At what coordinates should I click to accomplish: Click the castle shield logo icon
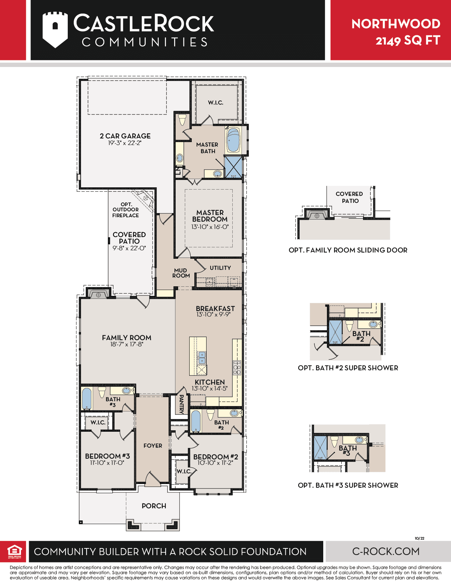pyautogui.click(x=55, y=30)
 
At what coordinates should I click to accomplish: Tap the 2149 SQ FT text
pyautogui.click(x=408, y=40)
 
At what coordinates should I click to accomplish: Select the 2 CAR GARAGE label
pyautogui.click(x=125, y=136)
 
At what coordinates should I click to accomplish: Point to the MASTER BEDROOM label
pyautogui.click(x=210, y=216)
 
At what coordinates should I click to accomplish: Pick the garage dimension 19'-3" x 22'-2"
pyautogui.click(x=125, y=143)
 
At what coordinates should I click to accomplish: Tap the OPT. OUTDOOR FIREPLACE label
pyautogui.click(x=126, y=210)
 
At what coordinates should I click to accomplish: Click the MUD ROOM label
pyautogui.click(x=181, y=273)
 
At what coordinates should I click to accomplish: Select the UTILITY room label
pyautogui.click(x=220, y=268)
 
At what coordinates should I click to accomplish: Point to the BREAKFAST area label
pyautogui.click(x=215, y=308)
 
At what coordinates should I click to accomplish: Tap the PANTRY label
pyautogui.click(x=182, y=404)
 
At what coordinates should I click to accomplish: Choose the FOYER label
pyautogui.click(x=153, y=446)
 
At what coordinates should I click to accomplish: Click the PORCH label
pyautogui.click(x=154, y=506)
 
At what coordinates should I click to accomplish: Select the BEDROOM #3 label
pyautogui.click(x=107, y=456)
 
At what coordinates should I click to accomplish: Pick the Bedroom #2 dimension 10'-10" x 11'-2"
pyautogui.click(x=215, y=463)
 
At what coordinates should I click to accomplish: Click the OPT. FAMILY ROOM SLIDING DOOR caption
pyautogui.click(x=348, y=250)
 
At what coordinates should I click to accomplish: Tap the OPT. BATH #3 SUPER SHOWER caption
pyautogui.click(x=348, y=485)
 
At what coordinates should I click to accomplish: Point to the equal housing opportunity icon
pyautogui.click(x=14, y=551)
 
